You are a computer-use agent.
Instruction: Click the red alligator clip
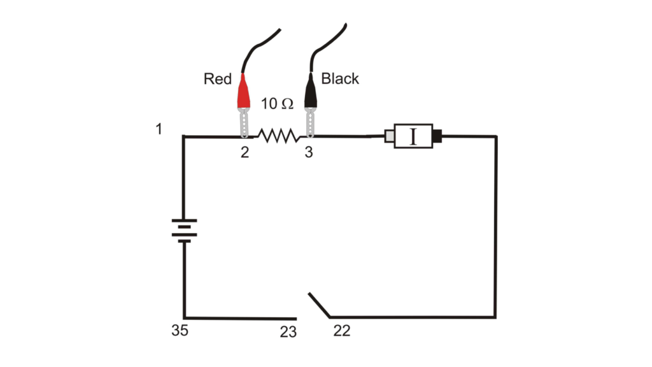[243, 92]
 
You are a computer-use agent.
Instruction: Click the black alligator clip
[310, 92]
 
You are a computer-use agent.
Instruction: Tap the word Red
[217, 80]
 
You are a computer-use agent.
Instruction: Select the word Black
[340, 79]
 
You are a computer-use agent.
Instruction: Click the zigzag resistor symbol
[277, 135]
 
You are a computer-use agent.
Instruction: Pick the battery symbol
[183, 230]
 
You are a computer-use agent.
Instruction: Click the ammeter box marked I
[413, 136]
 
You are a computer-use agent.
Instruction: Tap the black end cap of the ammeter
[437, 136]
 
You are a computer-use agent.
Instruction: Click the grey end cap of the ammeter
[390, 136]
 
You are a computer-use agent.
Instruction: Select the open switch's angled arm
[318, 305]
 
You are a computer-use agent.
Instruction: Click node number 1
[159, 129]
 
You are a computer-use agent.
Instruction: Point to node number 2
[244, 153]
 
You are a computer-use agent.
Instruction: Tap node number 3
[309, 153]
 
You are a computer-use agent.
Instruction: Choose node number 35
[180, 331]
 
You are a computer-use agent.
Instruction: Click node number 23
[288, 332]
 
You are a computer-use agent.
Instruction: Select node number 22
[341, 331]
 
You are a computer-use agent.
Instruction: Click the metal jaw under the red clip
[244, 122]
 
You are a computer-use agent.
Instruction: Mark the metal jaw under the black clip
[310, 122]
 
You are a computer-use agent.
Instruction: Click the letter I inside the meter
[413, 136]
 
